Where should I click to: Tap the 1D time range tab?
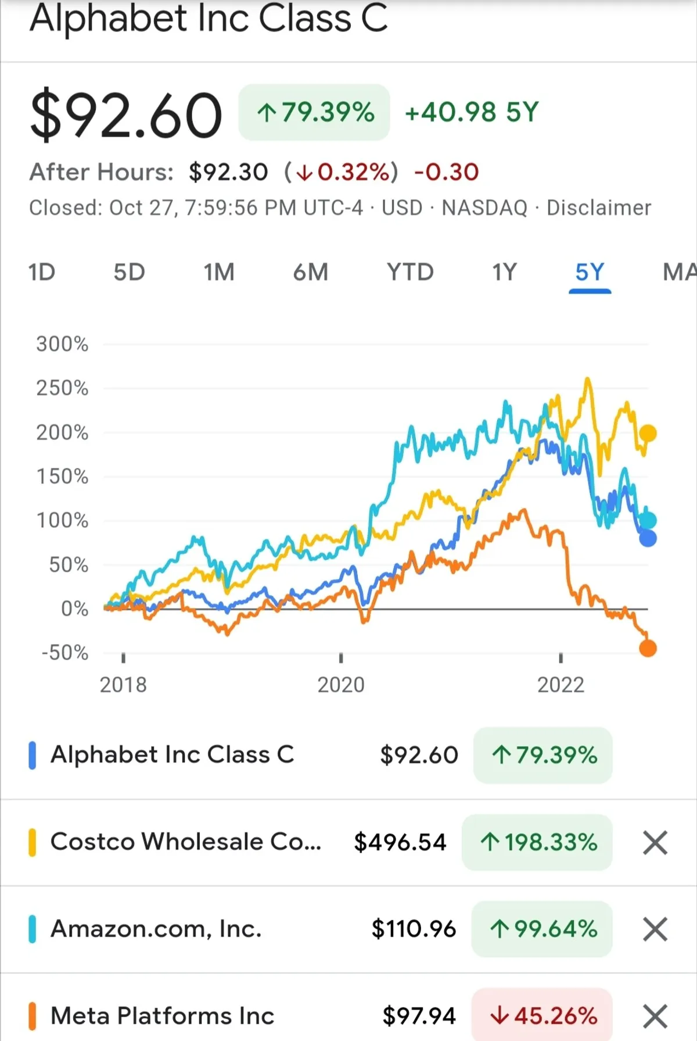click(42, 272)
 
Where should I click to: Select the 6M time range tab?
click(310, 272)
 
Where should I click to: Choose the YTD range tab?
click(410, 272)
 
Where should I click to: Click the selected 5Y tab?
click(590, 272)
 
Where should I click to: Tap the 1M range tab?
click(219, 272)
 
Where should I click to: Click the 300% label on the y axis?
click(62, 344)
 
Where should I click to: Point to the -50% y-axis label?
click(64, 652)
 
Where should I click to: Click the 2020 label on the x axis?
click(341, 685)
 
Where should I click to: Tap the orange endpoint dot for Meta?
click(648, 648)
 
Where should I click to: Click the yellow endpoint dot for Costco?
click(648, 433)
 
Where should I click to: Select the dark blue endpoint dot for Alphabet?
click(648, 538)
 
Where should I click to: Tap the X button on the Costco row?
click(655, 842)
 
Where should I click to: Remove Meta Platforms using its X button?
click(655, 1016)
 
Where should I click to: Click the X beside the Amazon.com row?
click(655, 929)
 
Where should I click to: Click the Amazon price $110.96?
click(414, 929)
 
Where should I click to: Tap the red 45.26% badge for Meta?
click(542, 1015)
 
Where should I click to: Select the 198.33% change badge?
click(537, 842)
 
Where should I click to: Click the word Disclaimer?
click(599, 208)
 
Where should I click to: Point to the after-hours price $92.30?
click(228, 172)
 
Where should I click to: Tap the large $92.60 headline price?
click(126, 115)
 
